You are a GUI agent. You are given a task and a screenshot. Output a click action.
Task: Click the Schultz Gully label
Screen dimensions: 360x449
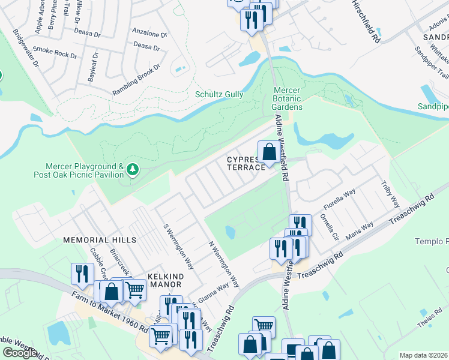(220, 94)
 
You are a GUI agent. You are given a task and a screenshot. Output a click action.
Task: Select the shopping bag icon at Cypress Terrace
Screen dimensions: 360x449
(270, 152)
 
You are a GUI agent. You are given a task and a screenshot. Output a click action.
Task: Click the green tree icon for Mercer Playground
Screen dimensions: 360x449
(132, 171)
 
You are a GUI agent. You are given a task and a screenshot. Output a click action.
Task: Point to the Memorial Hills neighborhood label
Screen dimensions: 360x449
(100, 239)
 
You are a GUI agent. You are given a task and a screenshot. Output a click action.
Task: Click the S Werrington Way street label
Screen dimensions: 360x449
(178, 247)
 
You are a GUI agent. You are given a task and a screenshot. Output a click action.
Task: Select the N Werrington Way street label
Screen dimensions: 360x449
(223, 265)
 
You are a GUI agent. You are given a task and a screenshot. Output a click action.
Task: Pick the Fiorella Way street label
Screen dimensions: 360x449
(340, 196)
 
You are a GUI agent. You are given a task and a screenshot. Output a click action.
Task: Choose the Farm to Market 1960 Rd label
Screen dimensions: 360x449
(110, 312)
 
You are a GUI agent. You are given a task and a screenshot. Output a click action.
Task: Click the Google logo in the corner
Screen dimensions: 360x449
(19, 353)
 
